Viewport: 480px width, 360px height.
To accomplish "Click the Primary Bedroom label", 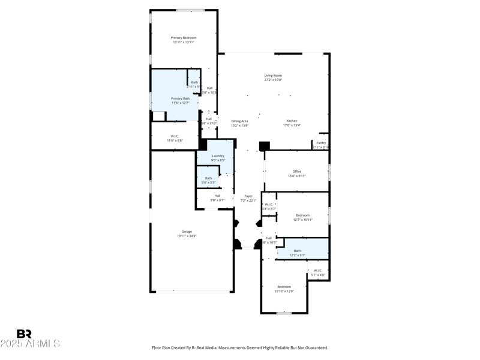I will [184, 38].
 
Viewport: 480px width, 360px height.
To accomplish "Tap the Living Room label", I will [273, 76].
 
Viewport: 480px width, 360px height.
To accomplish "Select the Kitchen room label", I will [292, 121].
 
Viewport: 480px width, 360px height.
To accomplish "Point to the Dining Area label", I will [239, 121].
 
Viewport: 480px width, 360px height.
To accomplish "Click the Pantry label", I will [321, 143].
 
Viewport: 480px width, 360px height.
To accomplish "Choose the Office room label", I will [297, 171].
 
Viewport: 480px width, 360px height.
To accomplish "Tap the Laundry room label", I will [218, 155].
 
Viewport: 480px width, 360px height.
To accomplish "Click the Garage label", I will [187, 231].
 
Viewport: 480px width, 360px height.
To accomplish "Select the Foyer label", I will [248, 196].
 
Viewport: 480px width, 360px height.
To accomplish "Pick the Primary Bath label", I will [181, 98].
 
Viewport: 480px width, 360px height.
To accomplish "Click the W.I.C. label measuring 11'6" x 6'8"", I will [175, 136].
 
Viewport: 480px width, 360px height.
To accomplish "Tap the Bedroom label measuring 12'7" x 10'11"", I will [302, 215].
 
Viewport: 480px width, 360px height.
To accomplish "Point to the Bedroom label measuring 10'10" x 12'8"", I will [284, 286].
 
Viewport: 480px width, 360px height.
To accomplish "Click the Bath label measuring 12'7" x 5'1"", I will [297, 250].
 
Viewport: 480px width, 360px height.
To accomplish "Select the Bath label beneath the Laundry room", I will [208, 178].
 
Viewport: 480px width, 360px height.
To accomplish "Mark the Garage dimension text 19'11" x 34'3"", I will [187, 236].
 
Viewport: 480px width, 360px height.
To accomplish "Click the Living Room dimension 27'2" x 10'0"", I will [273, 80].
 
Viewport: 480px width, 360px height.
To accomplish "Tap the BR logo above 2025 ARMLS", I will [24, 334].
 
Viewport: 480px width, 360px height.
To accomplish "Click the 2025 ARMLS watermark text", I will [30, 344].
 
